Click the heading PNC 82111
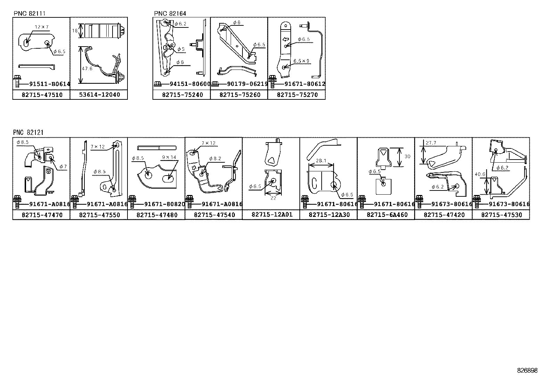30,13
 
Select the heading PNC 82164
170,13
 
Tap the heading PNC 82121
28,132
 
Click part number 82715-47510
42,95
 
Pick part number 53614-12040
99,95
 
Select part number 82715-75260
240,95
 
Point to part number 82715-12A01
272,214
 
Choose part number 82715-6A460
387,215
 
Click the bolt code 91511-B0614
50,84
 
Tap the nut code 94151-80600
190,84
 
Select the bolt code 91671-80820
165,204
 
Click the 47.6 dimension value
87,68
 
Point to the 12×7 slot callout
42,27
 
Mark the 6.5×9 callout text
301,61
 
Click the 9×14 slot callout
169,157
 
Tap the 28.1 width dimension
321,161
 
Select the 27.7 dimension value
431,143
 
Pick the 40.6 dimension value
480,174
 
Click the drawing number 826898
527,371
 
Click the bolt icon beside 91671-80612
272,82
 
